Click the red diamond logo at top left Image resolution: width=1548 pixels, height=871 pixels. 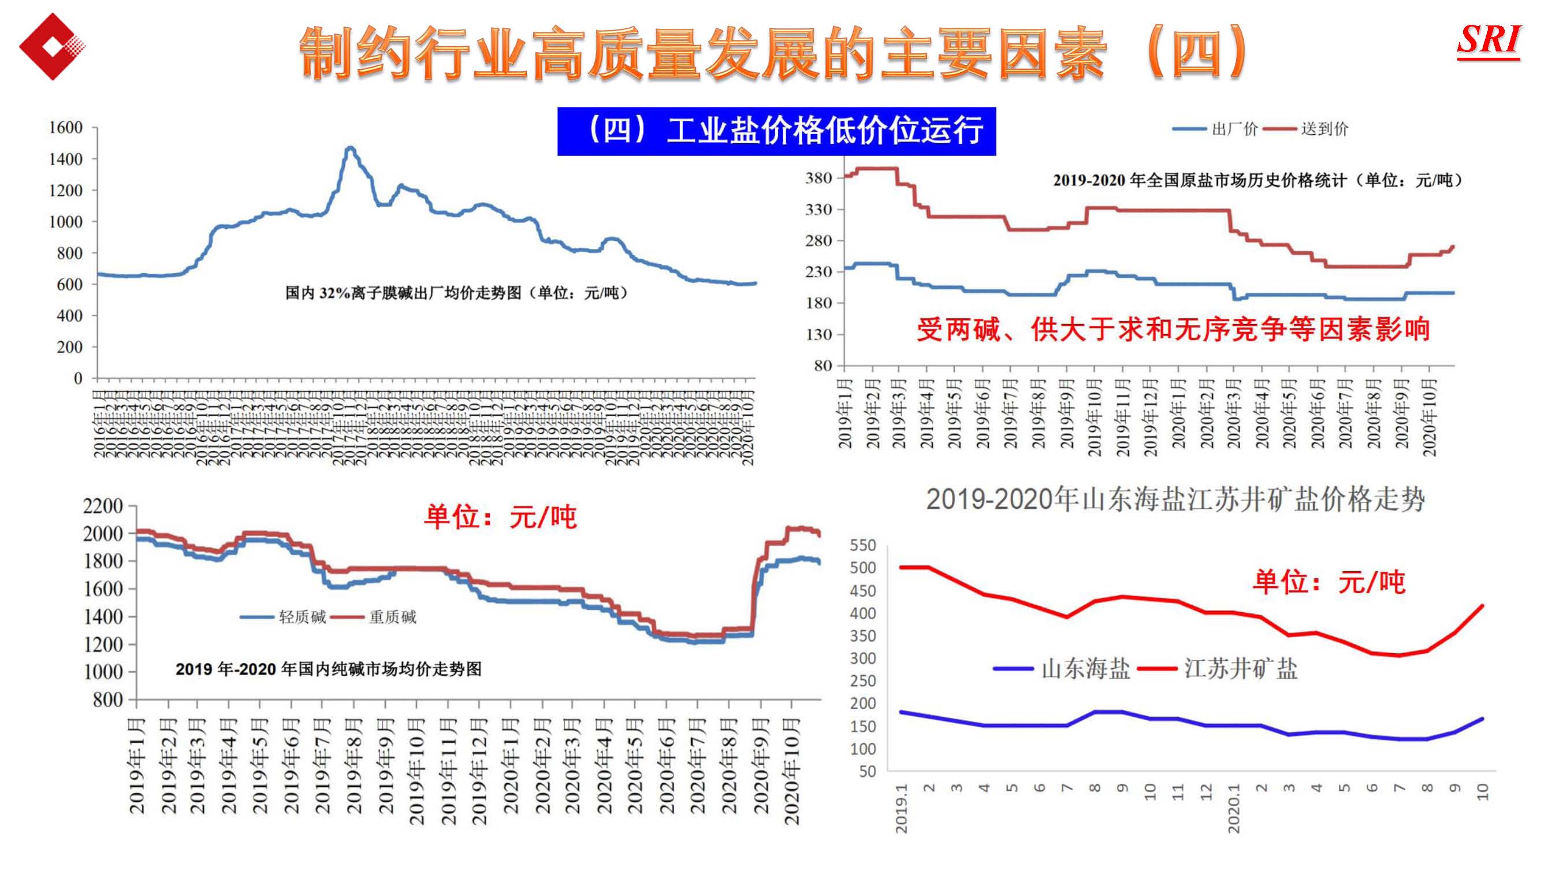(51, 46)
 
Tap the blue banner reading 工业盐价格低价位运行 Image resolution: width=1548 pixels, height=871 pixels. (776, 131)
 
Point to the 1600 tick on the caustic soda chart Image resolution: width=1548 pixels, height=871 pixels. (65, 128)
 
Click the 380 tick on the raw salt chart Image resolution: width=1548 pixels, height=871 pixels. (818, 178)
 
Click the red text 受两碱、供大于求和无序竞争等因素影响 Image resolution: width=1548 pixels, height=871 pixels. (1173, 329)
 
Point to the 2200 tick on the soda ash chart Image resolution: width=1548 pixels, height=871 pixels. (103, 506)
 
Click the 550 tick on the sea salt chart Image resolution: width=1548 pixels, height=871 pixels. (862, 545)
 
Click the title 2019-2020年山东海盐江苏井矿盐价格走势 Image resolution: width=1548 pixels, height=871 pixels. (1175, 500)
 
